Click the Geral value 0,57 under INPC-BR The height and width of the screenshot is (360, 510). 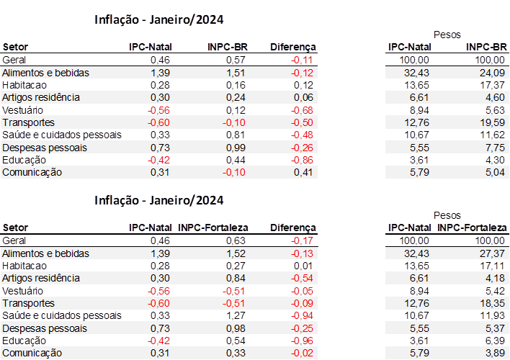coord(236,60)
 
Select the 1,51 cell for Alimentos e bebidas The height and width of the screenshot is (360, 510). coord(236,73)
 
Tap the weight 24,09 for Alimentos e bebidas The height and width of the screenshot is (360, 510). coord(492,73)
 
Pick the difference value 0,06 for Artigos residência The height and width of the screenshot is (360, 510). coord(305,97)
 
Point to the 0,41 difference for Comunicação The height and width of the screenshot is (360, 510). coord(305,172)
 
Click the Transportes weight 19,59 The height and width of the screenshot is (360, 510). coord(492,122)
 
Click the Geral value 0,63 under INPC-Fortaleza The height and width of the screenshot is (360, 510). coord(236,240)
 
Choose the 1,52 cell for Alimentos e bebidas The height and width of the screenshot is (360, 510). coord(236,253)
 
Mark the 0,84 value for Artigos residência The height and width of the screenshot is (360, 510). coord(236,278)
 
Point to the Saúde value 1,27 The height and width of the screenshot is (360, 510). coord(236,315)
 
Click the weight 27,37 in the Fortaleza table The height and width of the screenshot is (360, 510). coord(492,253)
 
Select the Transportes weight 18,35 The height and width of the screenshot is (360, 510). coord(492,303)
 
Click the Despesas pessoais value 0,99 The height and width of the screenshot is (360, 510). coord(236,148)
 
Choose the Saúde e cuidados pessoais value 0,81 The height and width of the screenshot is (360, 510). coord(236,135)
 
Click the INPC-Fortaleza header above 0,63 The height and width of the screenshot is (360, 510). coord(213,228)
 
